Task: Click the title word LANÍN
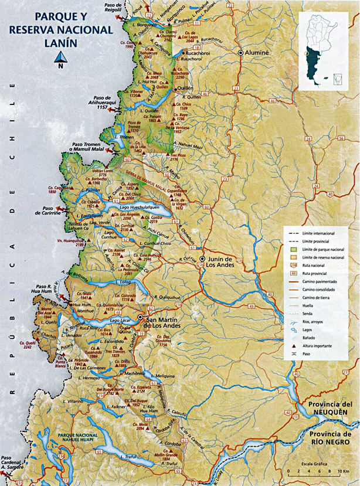tap(60, 42)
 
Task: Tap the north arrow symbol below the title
tap(60, 57)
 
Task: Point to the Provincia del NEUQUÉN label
tap(325, 407)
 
